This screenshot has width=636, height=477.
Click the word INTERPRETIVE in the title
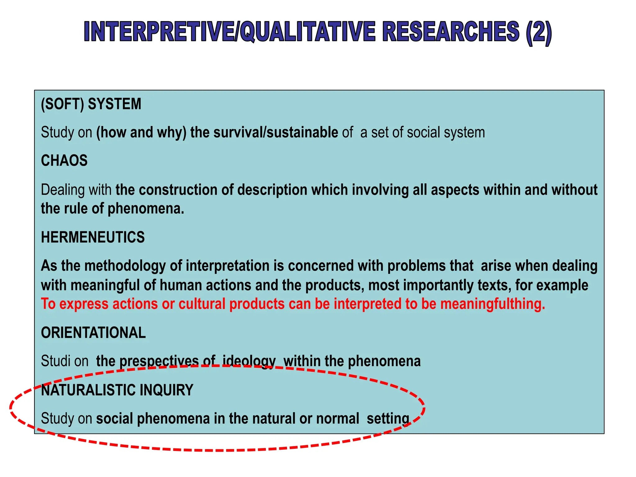[158, 32]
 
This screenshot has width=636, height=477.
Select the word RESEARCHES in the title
[451, 32]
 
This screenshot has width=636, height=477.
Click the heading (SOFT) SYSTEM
[91, 104]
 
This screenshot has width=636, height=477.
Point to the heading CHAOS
[64, 161]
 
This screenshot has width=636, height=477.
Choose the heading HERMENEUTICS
[93, 237]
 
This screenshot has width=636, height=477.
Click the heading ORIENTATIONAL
[93, 333]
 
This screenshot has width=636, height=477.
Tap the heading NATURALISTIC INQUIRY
[117, 390]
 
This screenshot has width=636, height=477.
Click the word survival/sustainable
[275, 133]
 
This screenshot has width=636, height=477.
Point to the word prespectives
[159, 361]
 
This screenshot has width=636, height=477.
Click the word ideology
[249, 361]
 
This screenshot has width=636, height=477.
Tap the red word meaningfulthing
[493, 304]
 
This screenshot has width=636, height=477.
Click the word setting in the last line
[388, 419]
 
